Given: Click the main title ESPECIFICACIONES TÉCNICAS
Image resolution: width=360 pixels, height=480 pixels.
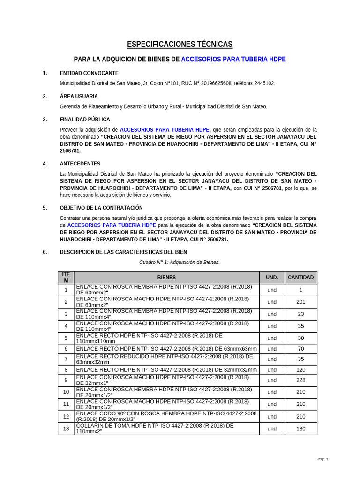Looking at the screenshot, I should coord(180,45).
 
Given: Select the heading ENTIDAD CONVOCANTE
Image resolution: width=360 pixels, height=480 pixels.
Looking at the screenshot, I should coord(89,73).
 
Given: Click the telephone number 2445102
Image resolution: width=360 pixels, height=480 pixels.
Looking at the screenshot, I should coord(264,83).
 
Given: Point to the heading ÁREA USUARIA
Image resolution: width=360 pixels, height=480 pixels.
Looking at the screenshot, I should coord(79,96).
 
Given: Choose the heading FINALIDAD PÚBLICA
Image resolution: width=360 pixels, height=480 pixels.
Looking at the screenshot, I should coord(85,120).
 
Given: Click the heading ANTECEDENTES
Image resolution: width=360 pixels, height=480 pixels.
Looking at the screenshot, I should coord(80,164).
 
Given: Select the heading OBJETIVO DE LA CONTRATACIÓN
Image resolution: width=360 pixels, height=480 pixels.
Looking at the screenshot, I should coord(101,208).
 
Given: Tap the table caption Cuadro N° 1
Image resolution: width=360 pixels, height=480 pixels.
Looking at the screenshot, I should coord(180,262).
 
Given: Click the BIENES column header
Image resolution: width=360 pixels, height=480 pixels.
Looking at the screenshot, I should coord(166,277).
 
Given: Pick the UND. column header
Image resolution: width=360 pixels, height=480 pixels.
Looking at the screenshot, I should coord(272,277).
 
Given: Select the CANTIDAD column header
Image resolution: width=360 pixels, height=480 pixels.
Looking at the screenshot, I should coord(300,277).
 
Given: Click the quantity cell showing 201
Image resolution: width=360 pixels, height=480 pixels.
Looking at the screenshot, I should coord(300,302).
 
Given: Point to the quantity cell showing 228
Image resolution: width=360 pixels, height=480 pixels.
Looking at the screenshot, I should coord(300,380).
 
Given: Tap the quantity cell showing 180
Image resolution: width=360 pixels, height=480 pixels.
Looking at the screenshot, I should coord(300,428).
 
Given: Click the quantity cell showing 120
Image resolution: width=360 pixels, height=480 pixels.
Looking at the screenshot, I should coord(300,369).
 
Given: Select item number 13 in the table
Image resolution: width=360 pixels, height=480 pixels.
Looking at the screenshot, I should coord(66,428).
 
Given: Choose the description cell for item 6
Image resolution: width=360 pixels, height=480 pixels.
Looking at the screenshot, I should coord(166,349).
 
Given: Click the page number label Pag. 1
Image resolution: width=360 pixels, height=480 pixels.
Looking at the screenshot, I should coord(323,459).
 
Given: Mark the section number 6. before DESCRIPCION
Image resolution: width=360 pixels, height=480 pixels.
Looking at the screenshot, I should coord(45,252).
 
